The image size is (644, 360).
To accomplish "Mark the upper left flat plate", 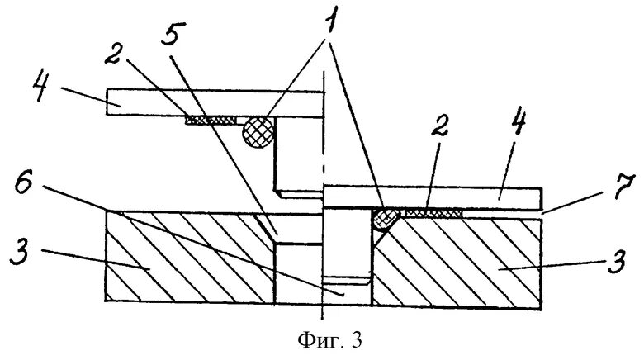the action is click(x=215, y=102).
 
